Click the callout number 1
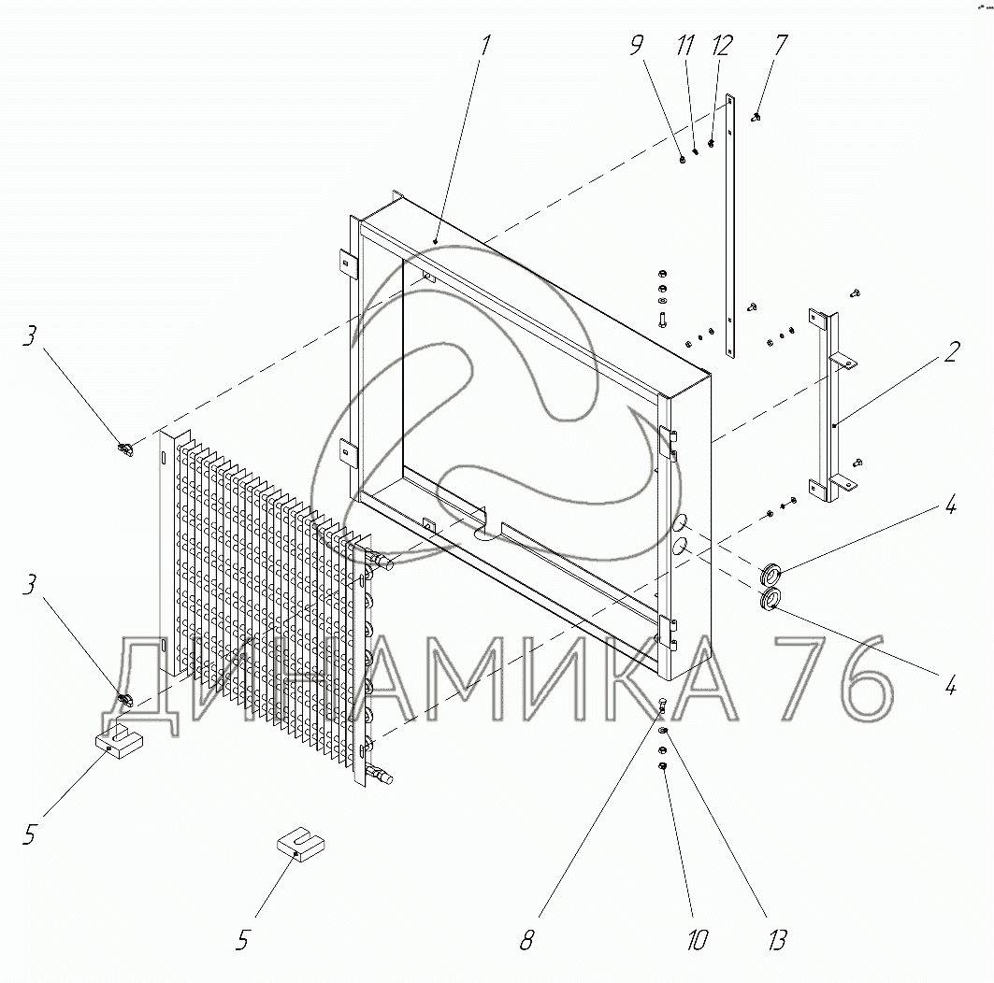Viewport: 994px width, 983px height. (485, 46)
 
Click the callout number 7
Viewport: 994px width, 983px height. (781, 46)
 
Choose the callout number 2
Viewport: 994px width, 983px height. (950, 353)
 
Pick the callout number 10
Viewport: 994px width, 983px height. (695, 938)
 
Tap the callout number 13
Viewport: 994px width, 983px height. (775, 938)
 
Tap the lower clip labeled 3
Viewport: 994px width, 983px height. (124, 697)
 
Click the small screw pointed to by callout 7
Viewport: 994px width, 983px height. (756, 118)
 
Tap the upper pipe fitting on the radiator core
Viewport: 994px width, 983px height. (382, 561)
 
